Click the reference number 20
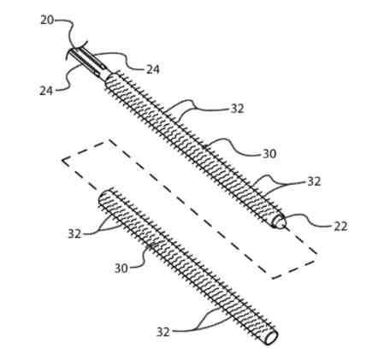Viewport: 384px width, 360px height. point(47,21)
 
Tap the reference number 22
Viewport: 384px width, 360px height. point(340,227)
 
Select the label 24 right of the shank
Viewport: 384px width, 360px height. point(153,69)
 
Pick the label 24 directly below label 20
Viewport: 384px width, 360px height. point(46,91)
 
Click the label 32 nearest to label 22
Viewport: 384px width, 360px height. point(314,181)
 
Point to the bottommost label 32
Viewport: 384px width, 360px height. point(163,332)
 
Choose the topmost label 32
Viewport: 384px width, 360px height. point(237,109)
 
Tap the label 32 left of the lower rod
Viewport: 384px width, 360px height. point(74,234)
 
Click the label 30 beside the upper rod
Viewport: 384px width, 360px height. point(269,154)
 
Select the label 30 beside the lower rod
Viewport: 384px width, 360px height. point(121,269)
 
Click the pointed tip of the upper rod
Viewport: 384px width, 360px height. point(284,223)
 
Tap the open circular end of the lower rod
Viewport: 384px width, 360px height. point(271,338)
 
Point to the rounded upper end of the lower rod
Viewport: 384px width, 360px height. point(103,196)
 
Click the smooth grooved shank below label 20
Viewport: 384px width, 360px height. point(88,62)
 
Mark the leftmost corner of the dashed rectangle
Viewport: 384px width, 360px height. point(62,160)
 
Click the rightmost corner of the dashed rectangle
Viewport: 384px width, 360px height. point(317,254)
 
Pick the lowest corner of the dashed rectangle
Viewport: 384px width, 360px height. point(273,278)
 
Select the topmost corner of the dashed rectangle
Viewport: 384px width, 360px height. point(108,139)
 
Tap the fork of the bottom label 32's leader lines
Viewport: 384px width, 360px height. point(197,329)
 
